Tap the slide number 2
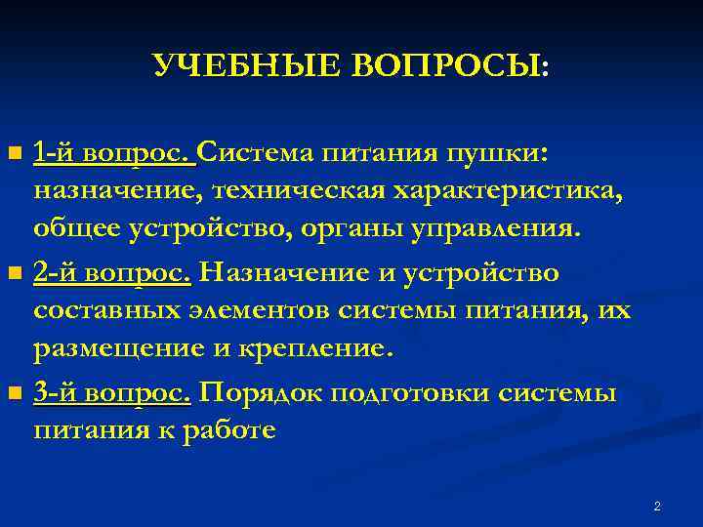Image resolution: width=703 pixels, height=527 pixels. click(x=657, y=506)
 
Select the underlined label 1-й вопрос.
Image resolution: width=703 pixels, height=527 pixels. click(x=114, y=153)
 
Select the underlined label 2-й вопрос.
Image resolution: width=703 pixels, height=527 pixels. click(x=112, y=272)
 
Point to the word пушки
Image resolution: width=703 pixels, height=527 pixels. click(x=498, y=153)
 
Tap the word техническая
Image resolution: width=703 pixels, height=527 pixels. click(x=312, y=190)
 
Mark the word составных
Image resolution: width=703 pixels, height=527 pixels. click(x=106, y=310)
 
